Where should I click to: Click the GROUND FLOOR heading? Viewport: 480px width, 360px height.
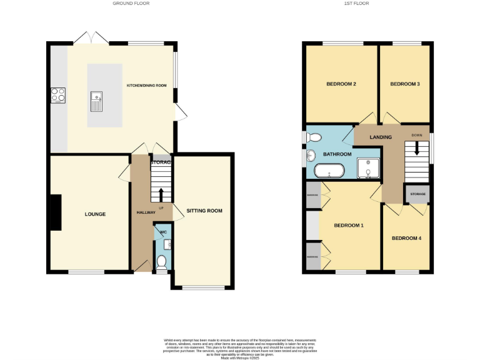point(131,3)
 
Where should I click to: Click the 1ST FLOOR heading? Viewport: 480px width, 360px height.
point(356,3)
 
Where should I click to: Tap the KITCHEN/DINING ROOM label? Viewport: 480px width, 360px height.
point(147,85)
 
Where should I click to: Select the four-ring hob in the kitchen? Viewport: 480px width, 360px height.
point(58,96)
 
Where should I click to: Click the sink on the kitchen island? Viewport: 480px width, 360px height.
point(96,100)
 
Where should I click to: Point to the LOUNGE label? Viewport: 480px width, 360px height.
point(95,214)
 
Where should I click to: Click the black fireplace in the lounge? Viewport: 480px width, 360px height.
point(56,212)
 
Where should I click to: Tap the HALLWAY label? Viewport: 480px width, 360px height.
point(146,213)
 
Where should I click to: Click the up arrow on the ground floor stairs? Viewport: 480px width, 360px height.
point(161,194)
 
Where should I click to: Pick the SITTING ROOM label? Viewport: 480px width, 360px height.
point(204,211)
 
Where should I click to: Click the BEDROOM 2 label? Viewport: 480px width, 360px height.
point(341,84)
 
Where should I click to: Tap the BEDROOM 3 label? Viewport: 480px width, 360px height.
point(404,84)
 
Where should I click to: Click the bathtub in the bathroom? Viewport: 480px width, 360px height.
point(328,170)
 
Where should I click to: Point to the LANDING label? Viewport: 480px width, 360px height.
point(381,137)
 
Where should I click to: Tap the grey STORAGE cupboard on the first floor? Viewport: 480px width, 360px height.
point(417,194)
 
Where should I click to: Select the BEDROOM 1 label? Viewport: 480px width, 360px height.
point(348,226)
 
